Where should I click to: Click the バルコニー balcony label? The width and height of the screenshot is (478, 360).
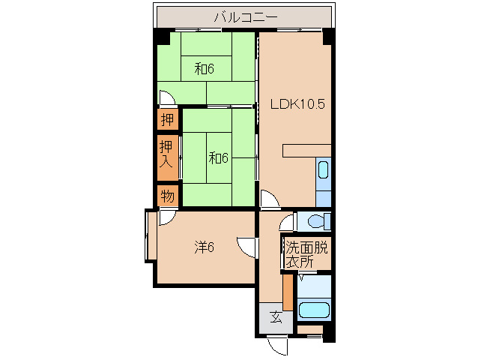coord(246,17)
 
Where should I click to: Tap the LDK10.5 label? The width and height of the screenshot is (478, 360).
coord(297,104)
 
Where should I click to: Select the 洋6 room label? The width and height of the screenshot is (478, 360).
coord(205,247)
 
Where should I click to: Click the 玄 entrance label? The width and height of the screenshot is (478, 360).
coord(276,317)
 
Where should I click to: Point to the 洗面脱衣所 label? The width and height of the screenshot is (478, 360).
coord(306,254)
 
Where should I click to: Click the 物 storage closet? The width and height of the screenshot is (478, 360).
coord(168,196)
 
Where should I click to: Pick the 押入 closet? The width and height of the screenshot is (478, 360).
coord(168,157)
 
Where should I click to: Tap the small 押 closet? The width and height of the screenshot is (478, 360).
coord(168,119)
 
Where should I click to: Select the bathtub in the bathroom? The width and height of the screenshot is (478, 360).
coord(314,310)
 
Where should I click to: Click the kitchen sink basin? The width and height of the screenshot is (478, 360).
coord(323,170)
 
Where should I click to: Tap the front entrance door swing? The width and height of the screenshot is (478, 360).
coord(276,346)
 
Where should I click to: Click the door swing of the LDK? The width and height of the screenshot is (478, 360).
coord(270,199)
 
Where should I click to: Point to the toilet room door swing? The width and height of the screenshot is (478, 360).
coord(287,223)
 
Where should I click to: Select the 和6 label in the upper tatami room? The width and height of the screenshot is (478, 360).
coord(205,69)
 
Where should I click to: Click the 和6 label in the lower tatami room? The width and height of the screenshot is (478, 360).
coord(218,158)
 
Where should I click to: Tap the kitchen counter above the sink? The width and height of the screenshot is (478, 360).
coord(306,151)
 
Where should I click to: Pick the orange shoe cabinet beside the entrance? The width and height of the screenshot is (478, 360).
coord(288,292)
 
